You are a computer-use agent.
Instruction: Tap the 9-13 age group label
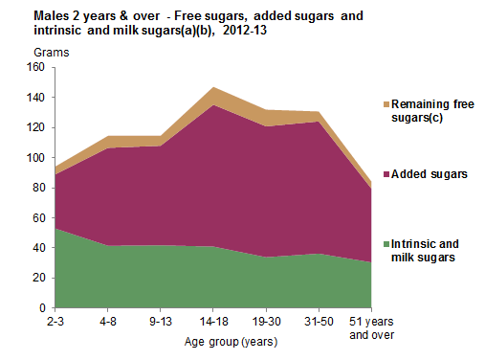pyautogui.click(x=160, y=322)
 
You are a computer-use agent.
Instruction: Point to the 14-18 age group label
pyautogui.click(x=212, y=322)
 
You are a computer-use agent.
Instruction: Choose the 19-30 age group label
pyautogui.click(x=265, y=322)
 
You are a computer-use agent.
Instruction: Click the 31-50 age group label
pyautogui.click(x=318, y=322)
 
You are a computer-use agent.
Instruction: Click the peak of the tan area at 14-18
pyautogui.click(x=212, y=87)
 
